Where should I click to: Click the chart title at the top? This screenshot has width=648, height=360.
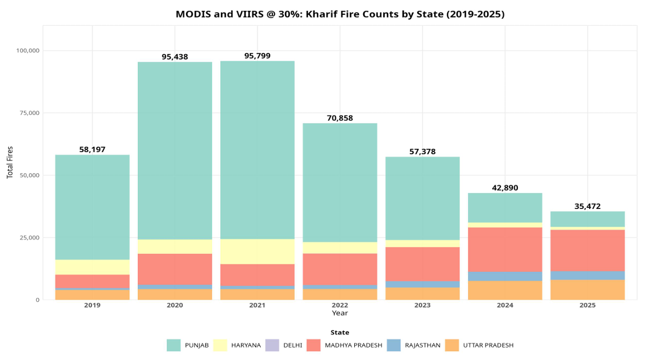point(340,14)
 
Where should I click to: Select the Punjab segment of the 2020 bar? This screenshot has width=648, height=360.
point(175,150)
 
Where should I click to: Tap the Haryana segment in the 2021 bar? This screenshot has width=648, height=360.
point(258,252)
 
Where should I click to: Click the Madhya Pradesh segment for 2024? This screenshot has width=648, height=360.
point(505,249)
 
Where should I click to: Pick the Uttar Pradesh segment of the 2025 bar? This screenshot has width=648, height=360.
point(587,290)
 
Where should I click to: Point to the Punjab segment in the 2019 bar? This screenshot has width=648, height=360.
point(92,207)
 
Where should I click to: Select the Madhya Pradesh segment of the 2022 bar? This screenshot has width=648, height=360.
point(340,269)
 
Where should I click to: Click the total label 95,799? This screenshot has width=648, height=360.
point(258,56)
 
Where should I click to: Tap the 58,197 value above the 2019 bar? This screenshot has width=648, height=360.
point(92,149)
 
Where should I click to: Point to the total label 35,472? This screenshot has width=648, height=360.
point(587,206)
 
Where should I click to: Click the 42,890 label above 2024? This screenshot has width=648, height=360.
point(505,188)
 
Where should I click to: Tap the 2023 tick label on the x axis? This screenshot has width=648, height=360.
point(422,305)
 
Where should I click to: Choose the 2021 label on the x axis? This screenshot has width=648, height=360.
point(258,305)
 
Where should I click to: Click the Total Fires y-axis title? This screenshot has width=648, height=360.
point(10,162)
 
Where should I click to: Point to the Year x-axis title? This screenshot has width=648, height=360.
point(340,313)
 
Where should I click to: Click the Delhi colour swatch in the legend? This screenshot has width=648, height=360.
point(272,345)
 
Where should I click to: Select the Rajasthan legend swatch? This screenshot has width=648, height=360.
point(394,345)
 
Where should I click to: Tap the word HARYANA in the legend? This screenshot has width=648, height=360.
point(246,345)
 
